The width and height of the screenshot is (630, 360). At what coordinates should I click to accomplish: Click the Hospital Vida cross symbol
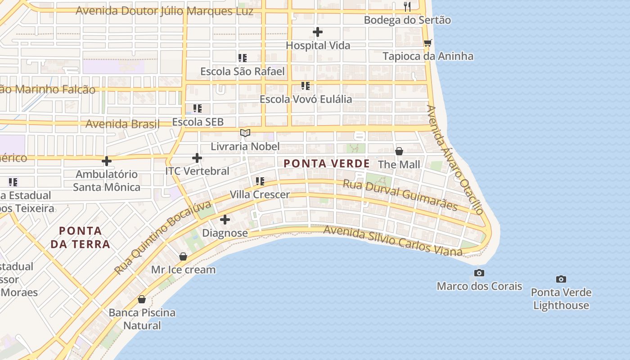coord(318,32)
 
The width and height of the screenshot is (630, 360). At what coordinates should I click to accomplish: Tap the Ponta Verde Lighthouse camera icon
coord(561,279)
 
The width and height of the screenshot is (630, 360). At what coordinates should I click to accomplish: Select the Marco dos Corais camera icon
coord(479,273)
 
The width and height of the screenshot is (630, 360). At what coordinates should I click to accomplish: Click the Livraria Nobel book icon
coord(245,133)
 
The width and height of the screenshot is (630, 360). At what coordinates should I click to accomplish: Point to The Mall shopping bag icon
coord(399,151)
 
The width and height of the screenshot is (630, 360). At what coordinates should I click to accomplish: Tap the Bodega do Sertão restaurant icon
coord(407,6)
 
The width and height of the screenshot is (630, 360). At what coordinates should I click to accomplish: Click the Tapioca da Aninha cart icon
coord(427,43)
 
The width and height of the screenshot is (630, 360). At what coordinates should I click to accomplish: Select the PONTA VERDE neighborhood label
coord(327,164)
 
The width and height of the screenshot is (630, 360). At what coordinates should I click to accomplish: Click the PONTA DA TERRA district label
coord(80,238)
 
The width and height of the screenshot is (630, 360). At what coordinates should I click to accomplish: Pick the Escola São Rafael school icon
coord(243,58)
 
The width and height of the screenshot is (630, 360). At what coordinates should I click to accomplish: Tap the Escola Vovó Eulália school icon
coord(306,85)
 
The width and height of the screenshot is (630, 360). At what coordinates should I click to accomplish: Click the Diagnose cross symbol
coord(225,220)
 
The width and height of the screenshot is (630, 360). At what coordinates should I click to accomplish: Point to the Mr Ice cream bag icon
coord(183,256)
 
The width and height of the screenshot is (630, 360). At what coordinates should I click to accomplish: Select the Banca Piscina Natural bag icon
coord(142,299)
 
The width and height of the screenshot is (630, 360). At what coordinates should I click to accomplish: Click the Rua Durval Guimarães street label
coord(400,195)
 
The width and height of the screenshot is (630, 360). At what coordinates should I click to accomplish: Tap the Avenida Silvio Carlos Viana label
coord(393,241)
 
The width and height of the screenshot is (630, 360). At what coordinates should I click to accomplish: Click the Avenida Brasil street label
coord(122,124)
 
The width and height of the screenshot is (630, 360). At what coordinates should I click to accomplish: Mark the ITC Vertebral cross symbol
coord(197,158)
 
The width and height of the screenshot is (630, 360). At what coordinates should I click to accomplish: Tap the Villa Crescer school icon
coord(260,181)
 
